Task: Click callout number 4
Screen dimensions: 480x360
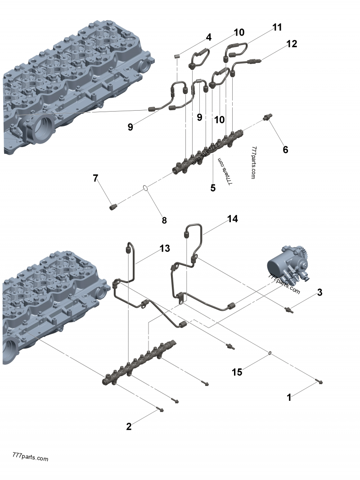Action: tap(208, 37)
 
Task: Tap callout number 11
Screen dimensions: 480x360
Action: tap(277, 27)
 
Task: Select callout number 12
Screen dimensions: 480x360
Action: tap(292, 44)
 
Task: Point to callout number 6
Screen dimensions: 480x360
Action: tap(285, 149)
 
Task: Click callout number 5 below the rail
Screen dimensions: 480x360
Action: tap(213, 188)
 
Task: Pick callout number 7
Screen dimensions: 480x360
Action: tap(95, 178)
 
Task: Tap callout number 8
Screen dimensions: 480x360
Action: tap(164, 220)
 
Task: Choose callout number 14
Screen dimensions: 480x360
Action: tap(232, 219)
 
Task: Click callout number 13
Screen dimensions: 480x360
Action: tap(165, 248)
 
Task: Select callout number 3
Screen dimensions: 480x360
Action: tap(319, 292)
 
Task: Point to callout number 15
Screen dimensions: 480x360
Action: tap(237, 372)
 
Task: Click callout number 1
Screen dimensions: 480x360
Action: tap(289, 397)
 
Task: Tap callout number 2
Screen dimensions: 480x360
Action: tap(129, 426)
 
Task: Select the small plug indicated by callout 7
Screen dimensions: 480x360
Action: tap(114, 206)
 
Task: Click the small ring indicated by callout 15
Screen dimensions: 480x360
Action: tap(269, 354)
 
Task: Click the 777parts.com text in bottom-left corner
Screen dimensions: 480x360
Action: tap(31, 458)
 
